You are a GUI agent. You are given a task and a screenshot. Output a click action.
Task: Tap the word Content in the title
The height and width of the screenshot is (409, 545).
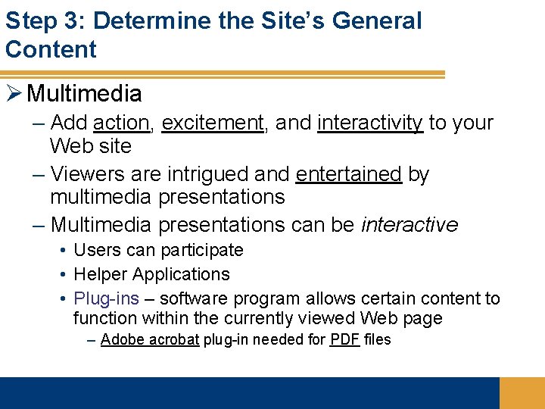tap(51, 49)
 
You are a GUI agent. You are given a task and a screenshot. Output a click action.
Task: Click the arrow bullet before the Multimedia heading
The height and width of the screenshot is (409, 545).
tap(14, 93)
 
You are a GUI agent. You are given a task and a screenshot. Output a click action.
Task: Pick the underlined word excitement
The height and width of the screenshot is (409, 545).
tap(212, 123)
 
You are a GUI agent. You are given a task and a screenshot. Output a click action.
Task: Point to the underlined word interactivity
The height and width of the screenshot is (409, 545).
tap(370, 123)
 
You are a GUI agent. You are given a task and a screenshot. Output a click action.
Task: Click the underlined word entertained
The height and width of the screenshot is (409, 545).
tap(348, 174)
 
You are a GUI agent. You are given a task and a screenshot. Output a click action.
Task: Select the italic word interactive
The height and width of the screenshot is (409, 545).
tap(410, 225)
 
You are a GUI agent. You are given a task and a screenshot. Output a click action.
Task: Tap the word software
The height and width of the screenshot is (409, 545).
tap(196, 298)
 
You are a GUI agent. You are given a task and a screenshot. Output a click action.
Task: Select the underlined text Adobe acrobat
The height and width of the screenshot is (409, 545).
tap(149, 339)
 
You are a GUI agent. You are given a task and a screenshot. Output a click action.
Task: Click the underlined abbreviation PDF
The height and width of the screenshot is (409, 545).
tap(344, 339)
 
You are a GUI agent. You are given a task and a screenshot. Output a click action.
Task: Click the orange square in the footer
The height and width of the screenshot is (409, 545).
tap(522, 392)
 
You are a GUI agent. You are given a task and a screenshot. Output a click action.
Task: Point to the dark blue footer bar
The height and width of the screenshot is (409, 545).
tap(250, 392)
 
